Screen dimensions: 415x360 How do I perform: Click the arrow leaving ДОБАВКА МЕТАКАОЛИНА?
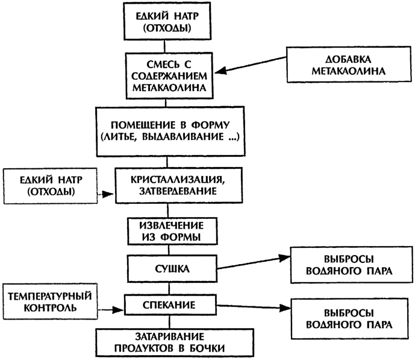[251, 65]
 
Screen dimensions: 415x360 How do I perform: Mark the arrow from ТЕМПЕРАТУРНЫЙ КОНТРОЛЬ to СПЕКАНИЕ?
[111, 309]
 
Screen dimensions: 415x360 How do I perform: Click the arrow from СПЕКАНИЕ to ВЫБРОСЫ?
[254, 306]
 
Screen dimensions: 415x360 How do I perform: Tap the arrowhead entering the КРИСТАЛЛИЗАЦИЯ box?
[108, 194]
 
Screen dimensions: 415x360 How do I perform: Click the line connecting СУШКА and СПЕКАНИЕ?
[170, 289]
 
